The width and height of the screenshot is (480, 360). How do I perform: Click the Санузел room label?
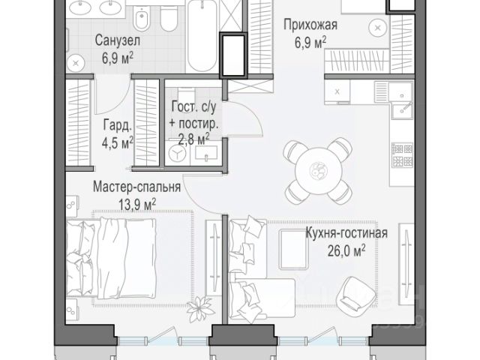[118, 40]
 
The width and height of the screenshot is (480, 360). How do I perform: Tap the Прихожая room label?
[310, 25]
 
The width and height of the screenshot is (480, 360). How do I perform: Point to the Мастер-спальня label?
[136, 187]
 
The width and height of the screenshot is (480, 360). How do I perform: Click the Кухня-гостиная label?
[346, 233]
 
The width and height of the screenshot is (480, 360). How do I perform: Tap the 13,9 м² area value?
[137, 204]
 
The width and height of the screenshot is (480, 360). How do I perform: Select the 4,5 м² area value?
[118, 142]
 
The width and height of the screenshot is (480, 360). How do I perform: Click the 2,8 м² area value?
[193, 139]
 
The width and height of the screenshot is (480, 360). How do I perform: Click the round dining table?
[318, 171]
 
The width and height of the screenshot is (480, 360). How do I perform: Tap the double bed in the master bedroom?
[111, 258]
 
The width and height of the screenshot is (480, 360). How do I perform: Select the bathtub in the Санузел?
[202, 36]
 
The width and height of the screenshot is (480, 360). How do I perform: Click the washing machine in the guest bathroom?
[178, 152]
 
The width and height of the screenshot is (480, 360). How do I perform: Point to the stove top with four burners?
[403, 155]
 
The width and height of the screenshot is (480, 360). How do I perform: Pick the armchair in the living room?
[355, 294]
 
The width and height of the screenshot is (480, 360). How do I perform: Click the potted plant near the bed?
[200, 308]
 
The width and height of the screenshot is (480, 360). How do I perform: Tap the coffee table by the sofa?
[293, 250]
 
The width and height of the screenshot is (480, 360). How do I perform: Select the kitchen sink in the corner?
[402, 101]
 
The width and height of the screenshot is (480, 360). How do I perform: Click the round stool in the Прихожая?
[379, 28]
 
